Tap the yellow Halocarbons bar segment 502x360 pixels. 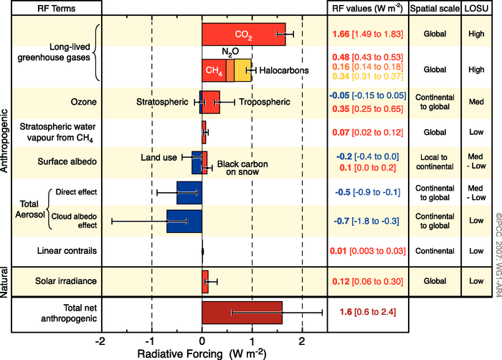tap(244, 70)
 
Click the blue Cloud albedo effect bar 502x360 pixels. tap(184, 220)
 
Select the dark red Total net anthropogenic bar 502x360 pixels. tap(242, 312)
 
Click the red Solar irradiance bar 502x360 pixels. tap(205, 278)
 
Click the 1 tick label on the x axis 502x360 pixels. tap(252, 340)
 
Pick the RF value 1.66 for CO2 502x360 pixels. tap(341, 34)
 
